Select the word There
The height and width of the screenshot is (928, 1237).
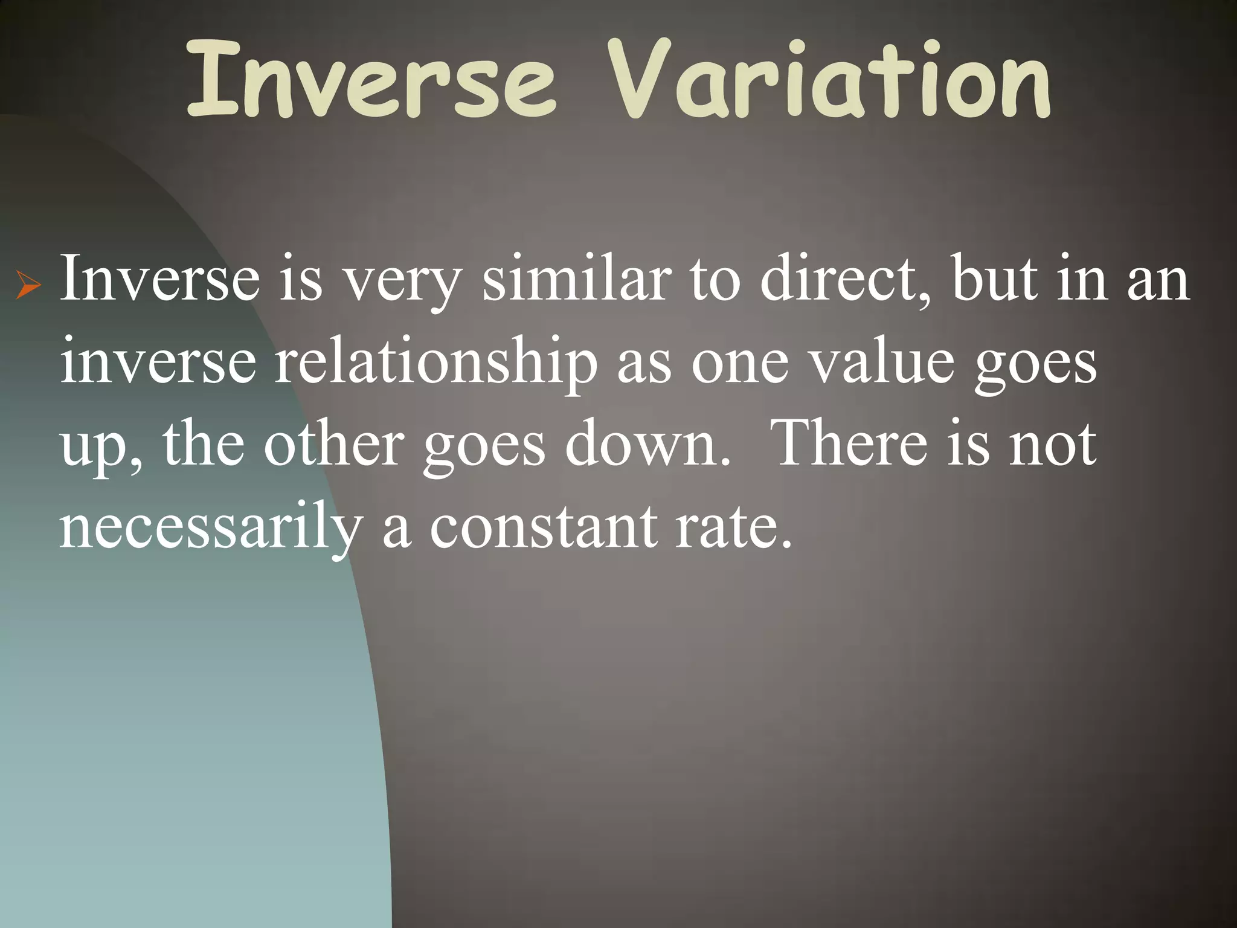(x=852, y=444)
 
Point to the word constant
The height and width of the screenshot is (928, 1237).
(x=543, y=527)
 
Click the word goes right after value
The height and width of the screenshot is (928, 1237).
(x=1035, y=366)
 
